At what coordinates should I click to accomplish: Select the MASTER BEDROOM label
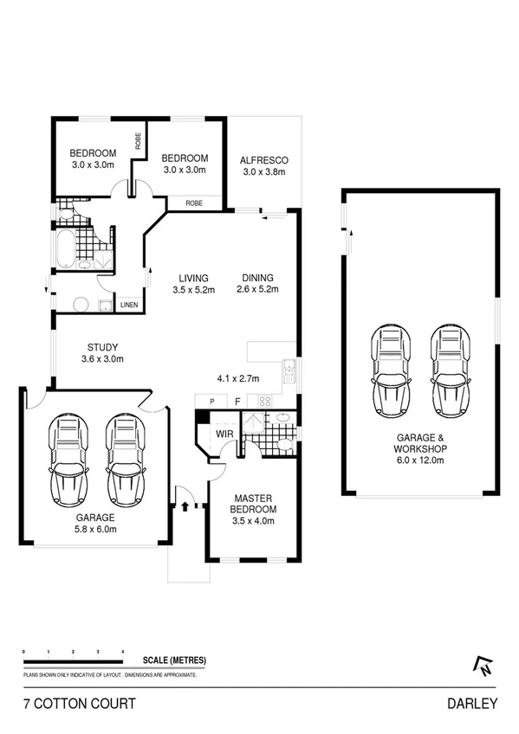[x=253, y=504]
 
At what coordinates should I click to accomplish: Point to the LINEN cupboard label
[x=128, y=306]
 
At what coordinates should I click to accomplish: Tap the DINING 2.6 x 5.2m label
[x=258, y=283]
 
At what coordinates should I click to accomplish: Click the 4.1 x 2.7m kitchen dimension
[x=237, y=377]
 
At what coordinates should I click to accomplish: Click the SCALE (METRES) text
[x=177, y=660]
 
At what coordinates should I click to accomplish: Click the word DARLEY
[x=472, y=704]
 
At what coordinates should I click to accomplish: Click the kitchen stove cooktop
[x=264, y=401]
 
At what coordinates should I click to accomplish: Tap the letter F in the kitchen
[x=237, y=401]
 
